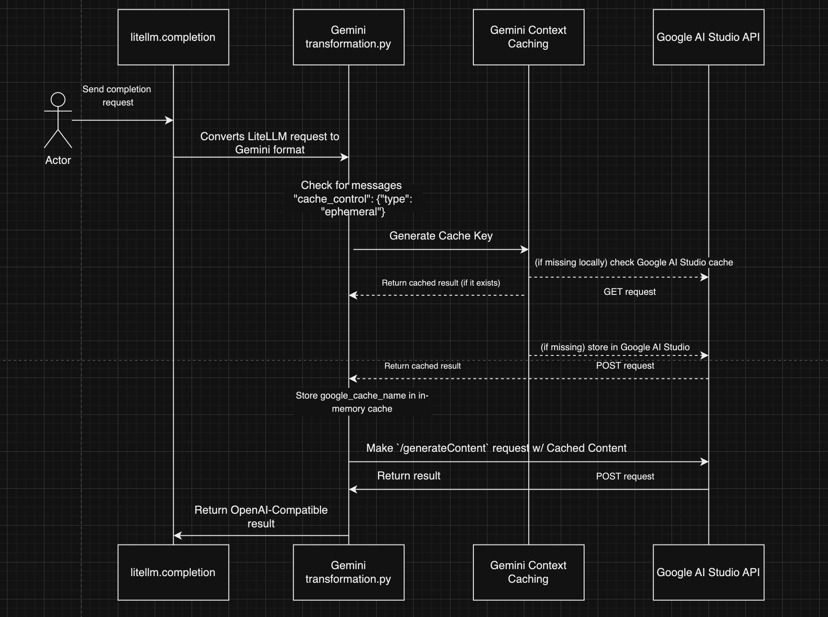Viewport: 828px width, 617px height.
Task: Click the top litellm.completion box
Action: click(x=173, y=37)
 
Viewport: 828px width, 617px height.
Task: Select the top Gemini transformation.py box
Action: click(x=349, y=37)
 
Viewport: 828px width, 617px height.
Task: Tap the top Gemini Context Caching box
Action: click(x=528, y=37)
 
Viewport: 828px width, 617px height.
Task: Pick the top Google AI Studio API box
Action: click(x=708, y=37)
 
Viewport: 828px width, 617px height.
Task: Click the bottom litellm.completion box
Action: click(x=173, y=572)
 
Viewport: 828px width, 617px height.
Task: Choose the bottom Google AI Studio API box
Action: click(x=708, y=572)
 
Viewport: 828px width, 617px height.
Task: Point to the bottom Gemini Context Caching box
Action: click(x=528, y=572)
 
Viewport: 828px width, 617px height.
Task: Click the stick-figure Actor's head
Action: click(x=58, y=99)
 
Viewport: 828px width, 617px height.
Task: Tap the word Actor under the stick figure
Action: click(x=58, y=160)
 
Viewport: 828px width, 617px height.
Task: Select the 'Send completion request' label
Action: click(x=117, y=96)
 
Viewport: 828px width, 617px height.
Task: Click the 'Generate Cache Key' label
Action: click(x=441, y=236)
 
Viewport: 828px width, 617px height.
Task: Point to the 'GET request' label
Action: click(x=629, y=292)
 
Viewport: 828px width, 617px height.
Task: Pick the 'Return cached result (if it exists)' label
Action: click(x=441, y=283)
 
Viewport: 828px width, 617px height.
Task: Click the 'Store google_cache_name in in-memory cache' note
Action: click(x=362, y=402)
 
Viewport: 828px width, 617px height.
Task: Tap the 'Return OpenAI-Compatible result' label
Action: click(x=261, y=517)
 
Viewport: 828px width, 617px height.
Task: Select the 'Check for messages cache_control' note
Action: click(x=352, y=199)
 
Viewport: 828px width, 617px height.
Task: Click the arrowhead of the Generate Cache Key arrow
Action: click(x=525, y=250)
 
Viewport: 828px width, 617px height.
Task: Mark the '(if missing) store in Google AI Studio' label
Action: click(x=615, y=347)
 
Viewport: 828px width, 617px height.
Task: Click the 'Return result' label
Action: click(x=409, y=476)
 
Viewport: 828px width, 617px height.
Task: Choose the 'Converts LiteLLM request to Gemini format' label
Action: click(x=270, y=143)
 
